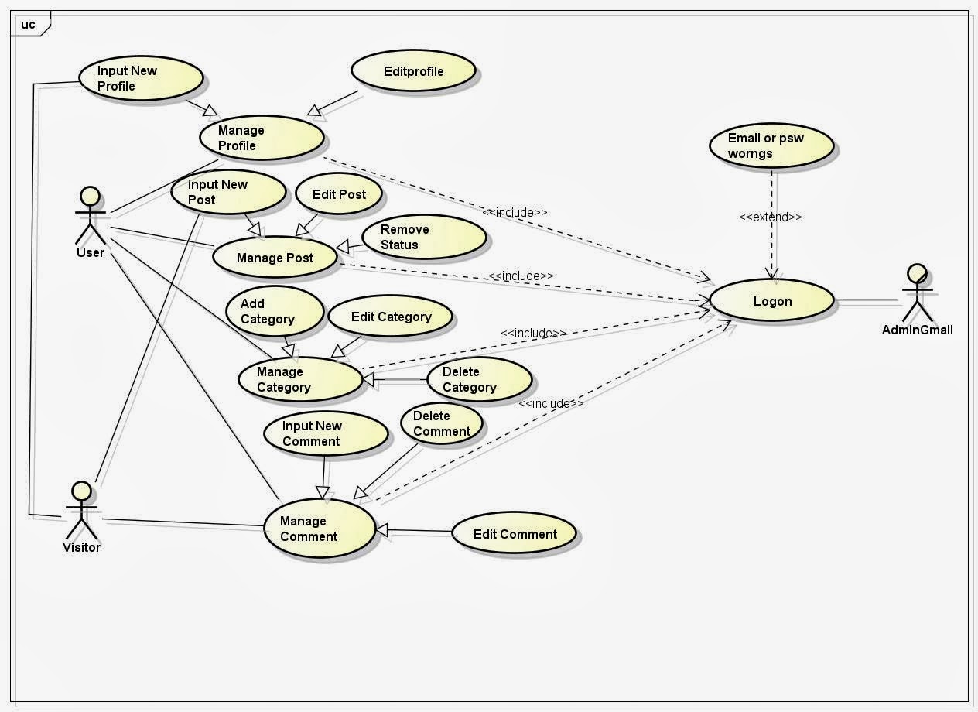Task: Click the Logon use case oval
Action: (771, 300)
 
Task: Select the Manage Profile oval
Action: (262, 138)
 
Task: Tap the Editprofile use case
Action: (413, 72)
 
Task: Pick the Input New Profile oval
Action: (141, 79)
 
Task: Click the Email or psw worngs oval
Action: (771, 145)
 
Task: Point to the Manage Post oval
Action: (275, 258)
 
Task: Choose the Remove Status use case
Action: (422, 237)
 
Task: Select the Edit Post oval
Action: (339, 194)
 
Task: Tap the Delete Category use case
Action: (479, 379)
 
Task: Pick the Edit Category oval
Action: (391, 317)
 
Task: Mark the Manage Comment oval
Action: (318, 529)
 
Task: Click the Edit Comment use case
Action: (515, 534)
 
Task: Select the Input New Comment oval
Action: (324, 433)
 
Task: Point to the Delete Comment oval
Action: (442, 423)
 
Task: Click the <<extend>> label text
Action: (771, 217)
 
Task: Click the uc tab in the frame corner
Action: (29, 24)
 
